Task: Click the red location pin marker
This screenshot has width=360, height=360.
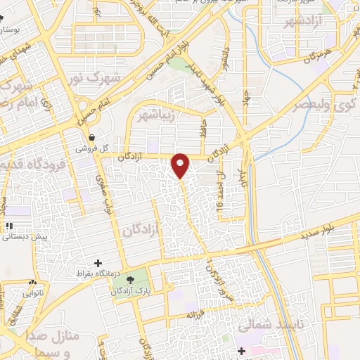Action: pos(181,165)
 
